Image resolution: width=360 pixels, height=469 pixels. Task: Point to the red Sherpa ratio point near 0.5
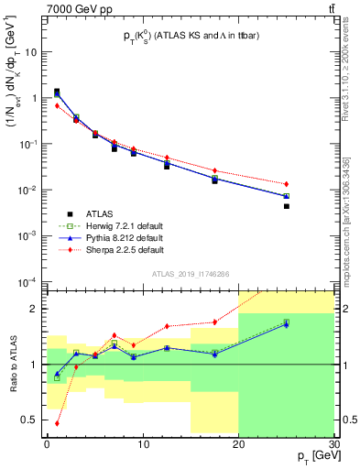[57, 423]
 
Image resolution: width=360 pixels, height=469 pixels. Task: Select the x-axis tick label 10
[142, 444]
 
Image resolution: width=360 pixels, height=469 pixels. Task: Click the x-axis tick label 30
[333, 444]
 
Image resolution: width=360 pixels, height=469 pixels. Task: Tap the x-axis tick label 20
[238, 444]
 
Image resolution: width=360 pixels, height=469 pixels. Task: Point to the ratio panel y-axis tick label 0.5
[32, 420]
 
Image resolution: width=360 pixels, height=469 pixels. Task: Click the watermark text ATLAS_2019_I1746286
[191, 274]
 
